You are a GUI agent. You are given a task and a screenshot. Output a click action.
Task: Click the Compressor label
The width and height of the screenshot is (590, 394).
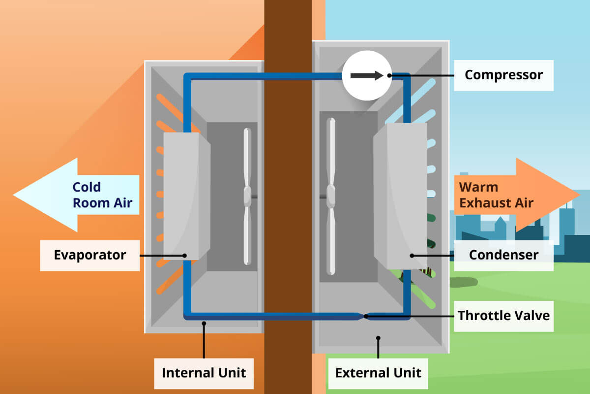(x=503, y=75)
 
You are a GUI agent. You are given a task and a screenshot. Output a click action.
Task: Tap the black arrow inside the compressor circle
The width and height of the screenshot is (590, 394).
(x=366, y=75)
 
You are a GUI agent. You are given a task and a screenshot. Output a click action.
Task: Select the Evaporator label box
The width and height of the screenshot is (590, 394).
(x=89, y=255)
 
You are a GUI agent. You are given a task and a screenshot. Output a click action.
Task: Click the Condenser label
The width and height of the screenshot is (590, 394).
(x=503, y=255)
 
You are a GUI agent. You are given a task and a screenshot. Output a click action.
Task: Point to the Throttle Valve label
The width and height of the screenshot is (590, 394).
(x=503, y=315)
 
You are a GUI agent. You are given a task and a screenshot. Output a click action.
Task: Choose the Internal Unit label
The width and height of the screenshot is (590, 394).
(x=204, y=372)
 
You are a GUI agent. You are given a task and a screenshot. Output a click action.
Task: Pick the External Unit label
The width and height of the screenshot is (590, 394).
(x=378, y=372)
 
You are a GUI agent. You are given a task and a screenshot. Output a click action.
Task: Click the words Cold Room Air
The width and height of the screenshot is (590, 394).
(x=102, y=195)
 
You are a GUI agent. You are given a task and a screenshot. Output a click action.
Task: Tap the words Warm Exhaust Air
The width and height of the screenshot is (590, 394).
(x=496, y=195)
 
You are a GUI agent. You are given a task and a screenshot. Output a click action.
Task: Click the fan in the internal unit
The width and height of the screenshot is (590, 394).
(x=247, y=196)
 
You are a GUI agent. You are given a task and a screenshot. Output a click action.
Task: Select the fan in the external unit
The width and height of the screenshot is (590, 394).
(x=332, y=196)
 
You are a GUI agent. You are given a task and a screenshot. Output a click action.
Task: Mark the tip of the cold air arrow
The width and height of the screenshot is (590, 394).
(x=15, y=195)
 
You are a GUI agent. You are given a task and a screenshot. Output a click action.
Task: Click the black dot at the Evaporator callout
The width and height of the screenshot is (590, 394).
(x=184, y=255)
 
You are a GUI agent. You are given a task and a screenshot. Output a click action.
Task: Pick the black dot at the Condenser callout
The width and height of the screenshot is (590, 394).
(x=412, y=255)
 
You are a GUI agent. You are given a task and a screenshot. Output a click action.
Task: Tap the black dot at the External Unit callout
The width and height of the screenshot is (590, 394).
(x=378, y=338)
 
